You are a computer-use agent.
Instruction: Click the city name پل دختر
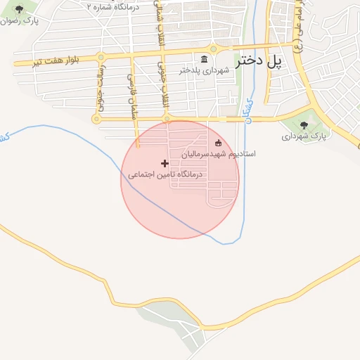pos(259,61)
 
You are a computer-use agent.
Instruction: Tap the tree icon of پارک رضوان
pos(18,9)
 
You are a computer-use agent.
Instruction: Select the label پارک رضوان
pos(20,21)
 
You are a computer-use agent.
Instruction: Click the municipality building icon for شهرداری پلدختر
pos(204,58)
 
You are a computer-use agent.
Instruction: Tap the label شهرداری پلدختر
pos(204,70)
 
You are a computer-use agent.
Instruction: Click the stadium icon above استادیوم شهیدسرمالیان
pos(218,143)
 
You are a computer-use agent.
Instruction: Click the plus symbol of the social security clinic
pos(165,163)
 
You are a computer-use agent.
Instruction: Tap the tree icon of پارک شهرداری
pos(304,124)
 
